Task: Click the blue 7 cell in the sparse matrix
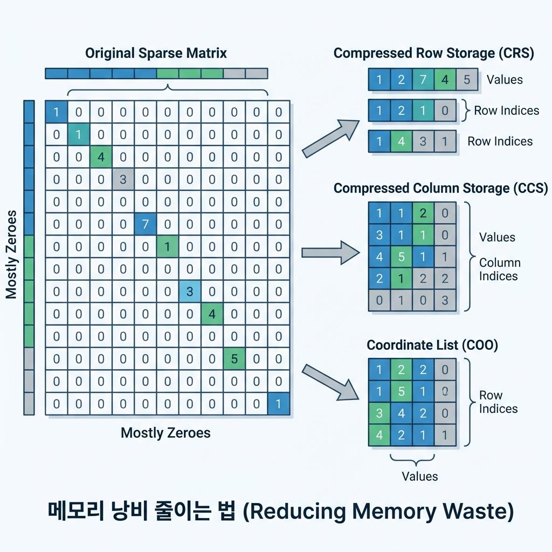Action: click(145, 223)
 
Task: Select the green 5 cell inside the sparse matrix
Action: click(234, 358)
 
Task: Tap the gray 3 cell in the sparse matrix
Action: click(123, 178)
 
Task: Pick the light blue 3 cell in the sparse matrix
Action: click(189, 291)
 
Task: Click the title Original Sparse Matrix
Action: click(156, 53)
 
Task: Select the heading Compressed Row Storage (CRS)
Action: click(433, 53)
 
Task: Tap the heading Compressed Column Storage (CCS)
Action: click(440, 188)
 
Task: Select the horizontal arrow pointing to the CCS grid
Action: click(329, 252)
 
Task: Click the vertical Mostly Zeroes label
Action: click(12, 254)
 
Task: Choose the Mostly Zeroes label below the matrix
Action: click(165, 432)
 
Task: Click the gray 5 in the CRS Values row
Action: click(466, 80)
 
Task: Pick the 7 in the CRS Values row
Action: click(423, 80)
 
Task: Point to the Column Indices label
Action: click(500, 270)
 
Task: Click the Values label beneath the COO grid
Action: click(420, 476)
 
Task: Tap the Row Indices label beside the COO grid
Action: click(498, 402)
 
